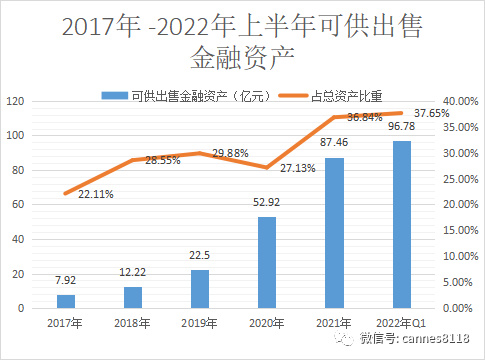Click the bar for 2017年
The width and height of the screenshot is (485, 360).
coord(65,301)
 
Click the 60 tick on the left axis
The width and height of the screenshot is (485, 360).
coord(18,205)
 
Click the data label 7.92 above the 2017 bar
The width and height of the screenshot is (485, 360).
coord(65,281)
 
